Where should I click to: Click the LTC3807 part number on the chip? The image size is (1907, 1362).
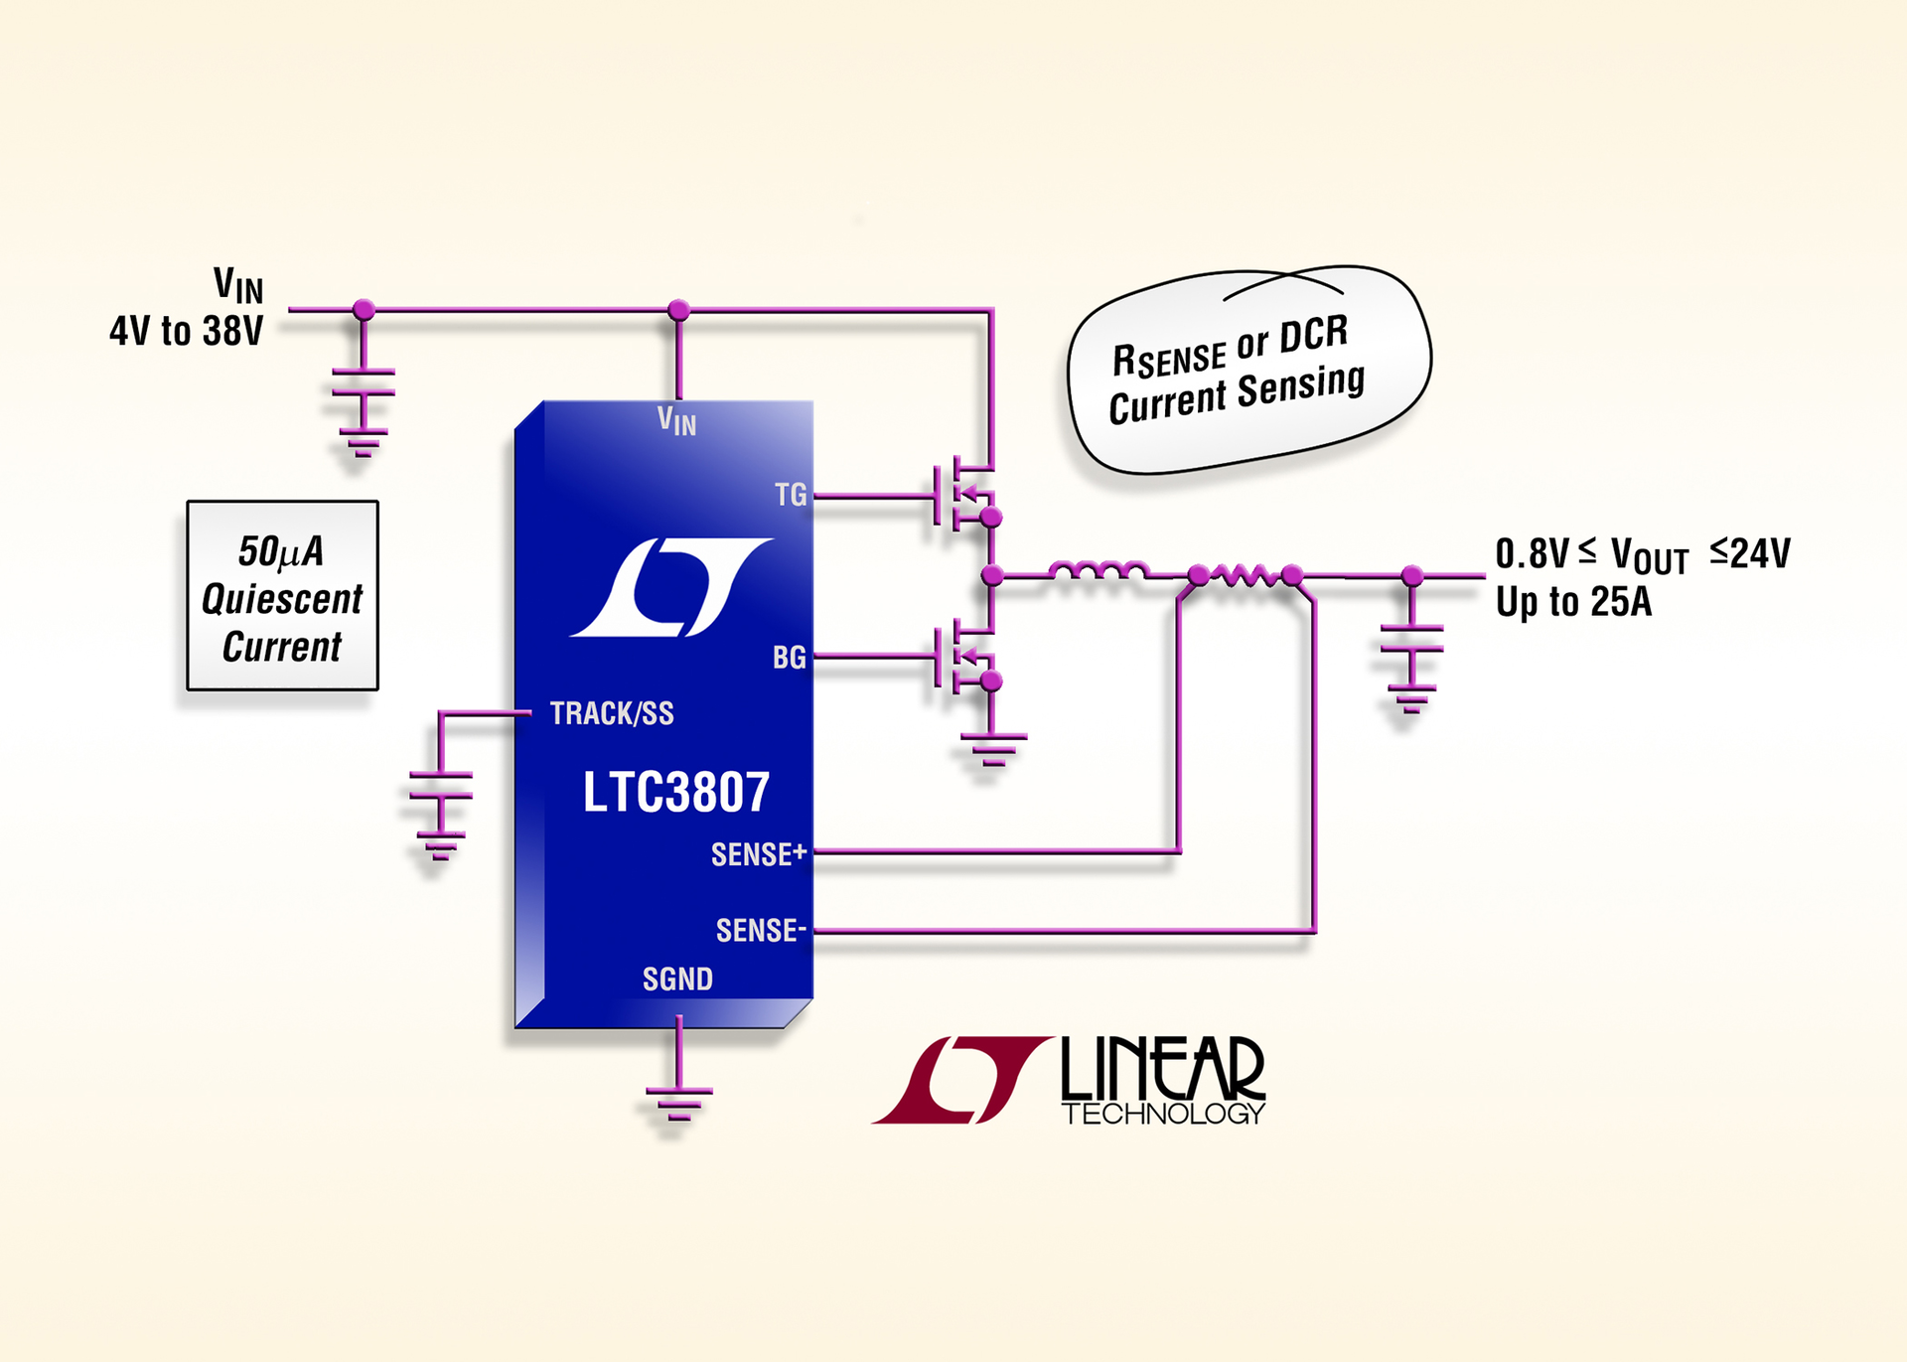[x=675, y=793]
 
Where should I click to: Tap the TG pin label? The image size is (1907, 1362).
[x=791, y=495]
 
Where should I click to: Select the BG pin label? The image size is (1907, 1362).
[x=790, y=658]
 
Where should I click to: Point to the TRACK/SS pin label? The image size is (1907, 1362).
[x=612, y=713]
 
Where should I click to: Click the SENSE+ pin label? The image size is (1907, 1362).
[x=759, y=854]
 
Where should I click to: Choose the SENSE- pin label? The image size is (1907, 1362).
[x=761, y=931]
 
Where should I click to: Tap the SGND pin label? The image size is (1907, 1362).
[x=677, y=980]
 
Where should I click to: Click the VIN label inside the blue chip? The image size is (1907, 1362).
[x=677, y=421]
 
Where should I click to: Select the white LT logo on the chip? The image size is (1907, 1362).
[x=670, y=587]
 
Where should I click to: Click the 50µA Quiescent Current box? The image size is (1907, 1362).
[x=283, y=596]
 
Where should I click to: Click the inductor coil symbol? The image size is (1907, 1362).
[x=1099, y=571]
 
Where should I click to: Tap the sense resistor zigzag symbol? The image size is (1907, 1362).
[x=1246, y=574]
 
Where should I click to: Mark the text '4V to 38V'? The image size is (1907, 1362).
[x=187, y=332]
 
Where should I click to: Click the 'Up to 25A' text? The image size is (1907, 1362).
[x=1574, y=602]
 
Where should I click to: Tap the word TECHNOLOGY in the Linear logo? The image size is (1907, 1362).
[x=1163, y=1114]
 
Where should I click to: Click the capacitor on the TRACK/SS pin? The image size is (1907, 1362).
[x=440, y=785]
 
